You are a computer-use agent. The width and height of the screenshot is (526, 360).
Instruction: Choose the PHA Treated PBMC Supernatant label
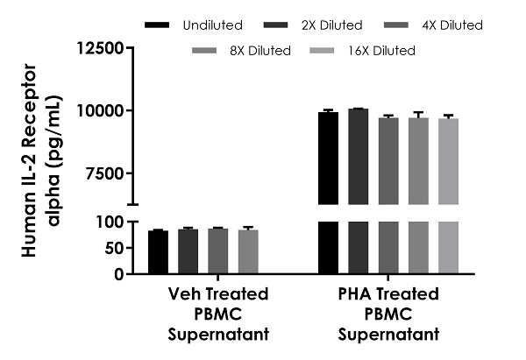[x=388, y=314]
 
